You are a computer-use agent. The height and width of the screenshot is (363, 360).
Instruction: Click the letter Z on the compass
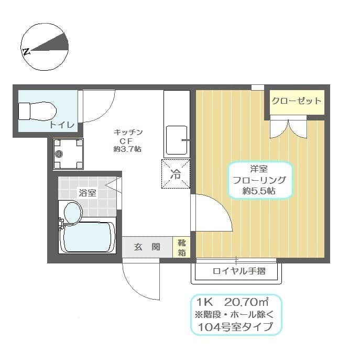coord(26,51)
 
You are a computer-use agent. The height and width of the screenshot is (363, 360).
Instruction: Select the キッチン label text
coord(128,132)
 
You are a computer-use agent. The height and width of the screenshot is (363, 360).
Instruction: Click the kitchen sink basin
coord(177,140)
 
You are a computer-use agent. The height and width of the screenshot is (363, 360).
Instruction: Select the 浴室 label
coord(87,192)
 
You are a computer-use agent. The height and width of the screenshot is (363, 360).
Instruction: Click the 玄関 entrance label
coord(147,247)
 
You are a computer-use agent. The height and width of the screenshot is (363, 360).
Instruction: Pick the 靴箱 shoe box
coord(181,247)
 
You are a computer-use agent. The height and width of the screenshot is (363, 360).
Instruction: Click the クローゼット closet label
coord(296,101)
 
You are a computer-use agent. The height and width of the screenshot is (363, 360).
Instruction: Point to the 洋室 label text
coord(258,169)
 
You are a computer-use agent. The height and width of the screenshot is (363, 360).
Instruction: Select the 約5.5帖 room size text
coord(259,192)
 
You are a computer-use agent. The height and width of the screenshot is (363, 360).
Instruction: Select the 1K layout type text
coord(205,302)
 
